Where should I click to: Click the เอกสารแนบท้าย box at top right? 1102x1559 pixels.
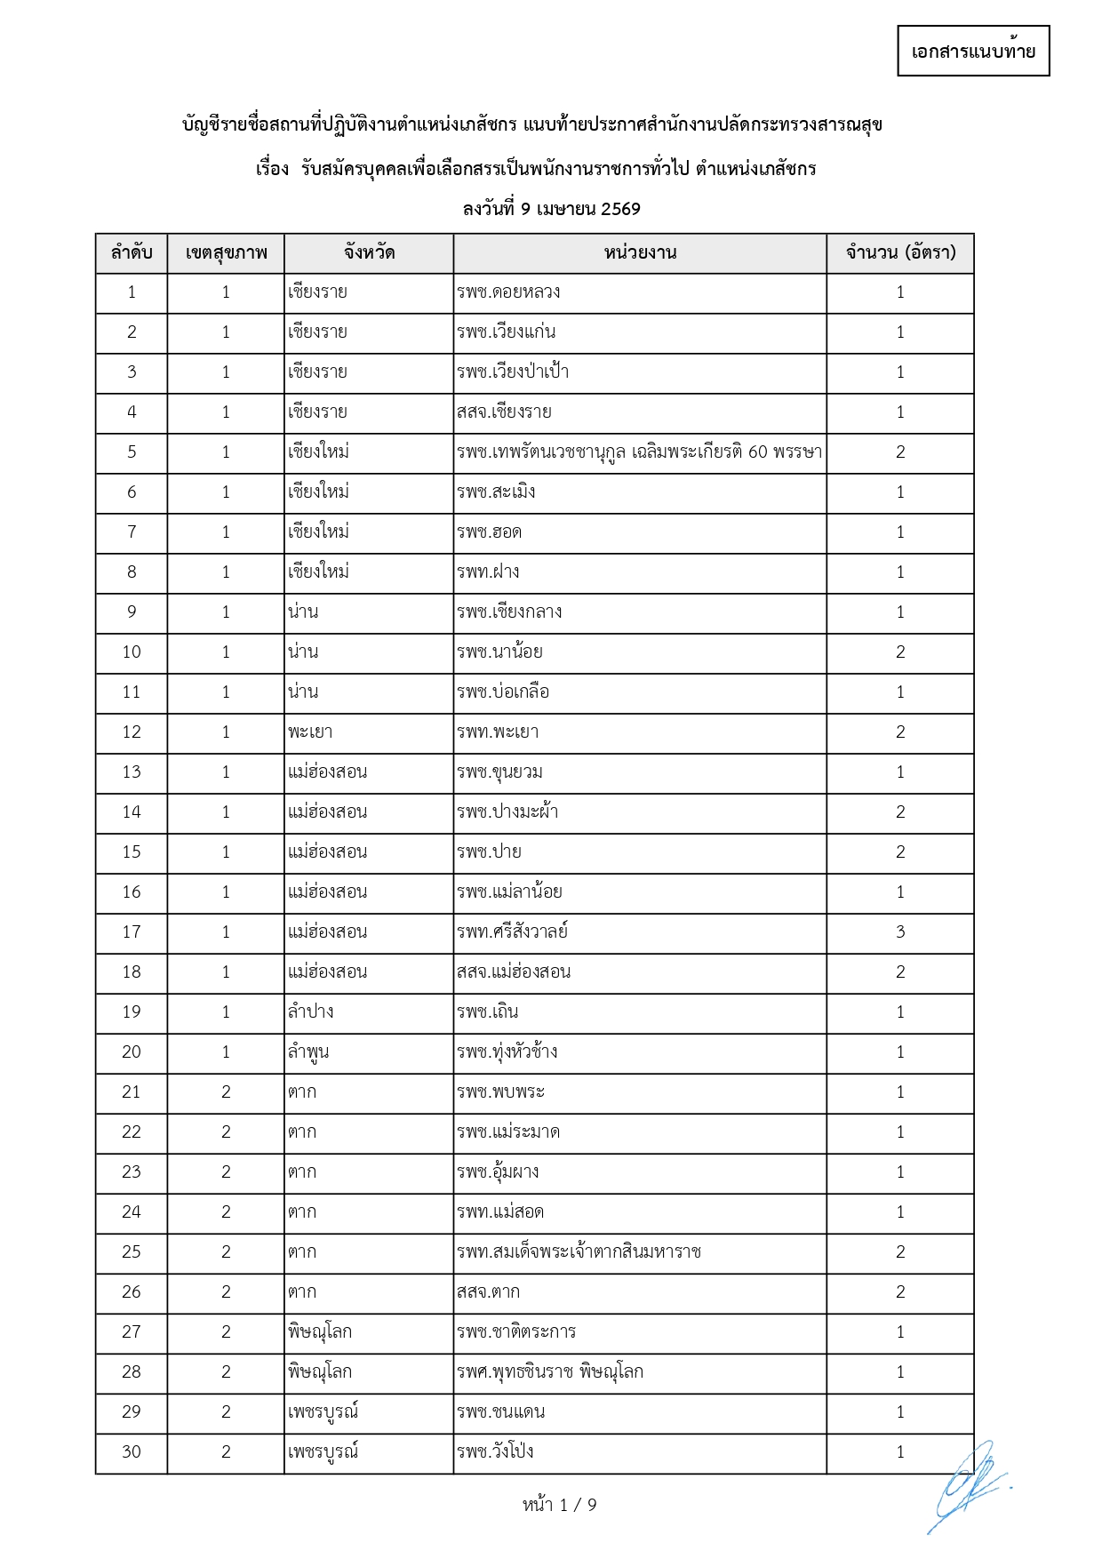tap(973, 51)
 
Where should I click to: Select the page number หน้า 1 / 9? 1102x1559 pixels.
tap(559, 1505)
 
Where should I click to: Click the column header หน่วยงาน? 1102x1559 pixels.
tap(640, 253)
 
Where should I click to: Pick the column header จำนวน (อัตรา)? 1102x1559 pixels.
tap(900, 253)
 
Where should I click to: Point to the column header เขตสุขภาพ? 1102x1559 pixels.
tap(226, 253)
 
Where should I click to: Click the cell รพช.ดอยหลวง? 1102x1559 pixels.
tap(508, 292)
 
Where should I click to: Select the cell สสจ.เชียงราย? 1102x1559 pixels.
tap(504, 412)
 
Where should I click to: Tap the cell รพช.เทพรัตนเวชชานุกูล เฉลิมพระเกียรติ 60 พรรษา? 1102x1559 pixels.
tap(639, 452)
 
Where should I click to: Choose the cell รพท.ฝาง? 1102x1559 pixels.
tap(488, 572)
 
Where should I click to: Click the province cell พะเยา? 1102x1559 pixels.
tap(310, 732)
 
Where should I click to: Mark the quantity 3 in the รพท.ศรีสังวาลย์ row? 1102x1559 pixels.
tap(900, 932)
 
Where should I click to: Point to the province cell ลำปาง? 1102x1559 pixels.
tap(311, 1012)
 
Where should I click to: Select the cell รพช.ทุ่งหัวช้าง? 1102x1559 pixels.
tap(507, 1052)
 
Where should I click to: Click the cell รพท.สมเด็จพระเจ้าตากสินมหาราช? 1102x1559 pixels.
tap(579, 1252)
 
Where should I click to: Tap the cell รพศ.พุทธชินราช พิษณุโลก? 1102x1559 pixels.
tap(550, 1372)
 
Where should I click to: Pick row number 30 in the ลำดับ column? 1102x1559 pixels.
tap(132, 1452)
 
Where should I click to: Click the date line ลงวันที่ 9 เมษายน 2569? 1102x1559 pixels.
tap(551, 209)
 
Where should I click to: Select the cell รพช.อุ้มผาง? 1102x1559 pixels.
tap(498, 1172)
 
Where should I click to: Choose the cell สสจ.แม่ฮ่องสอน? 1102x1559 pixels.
tap(514, 972)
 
